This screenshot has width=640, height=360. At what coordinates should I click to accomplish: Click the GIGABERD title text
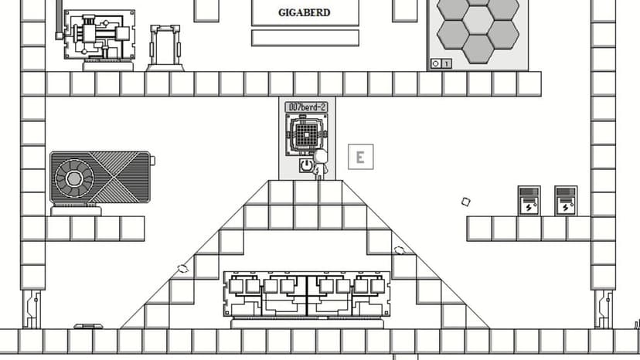[304, 12]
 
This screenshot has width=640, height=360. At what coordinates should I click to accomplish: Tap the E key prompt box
[360, 157]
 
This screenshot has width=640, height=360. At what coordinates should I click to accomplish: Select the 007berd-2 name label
[306, 107]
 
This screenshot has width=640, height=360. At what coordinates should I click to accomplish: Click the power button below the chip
[306, 165]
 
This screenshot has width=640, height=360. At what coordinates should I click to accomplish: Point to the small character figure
[320, 164]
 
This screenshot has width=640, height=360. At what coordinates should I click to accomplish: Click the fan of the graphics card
[74, 178]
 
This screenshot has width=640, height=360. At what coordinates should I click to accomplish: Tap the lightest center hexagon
[478, 19]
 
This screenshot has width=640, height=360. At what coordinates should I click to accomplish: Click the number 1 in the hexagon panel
[447, 63]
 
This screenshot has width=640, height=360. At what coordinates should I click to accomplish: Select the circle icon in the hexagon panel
[435, 63]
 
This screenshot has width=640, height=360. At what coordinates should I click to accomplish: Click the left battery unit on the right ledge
[529, 201]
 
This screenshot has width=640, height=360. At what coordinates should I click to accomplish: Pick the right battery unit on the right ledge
[566, 201]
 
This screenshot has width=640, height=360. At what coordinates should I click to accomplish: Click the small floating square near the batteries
[466, 202]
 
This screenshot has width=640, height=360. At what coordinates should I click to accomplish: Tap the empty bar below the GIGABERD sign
[305, 38]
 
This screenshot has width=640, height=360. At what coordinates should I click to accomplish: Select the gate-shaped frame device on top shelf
[165, 48]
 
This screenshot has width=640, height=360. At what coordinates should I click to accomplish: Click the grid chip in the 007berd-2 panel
[307, 134]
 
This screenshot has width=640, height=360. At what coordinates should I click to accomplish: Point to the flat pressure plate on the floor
[89, 326]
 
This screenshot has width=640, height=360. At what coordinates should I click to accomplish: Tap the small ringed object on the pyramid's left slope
[183, 268]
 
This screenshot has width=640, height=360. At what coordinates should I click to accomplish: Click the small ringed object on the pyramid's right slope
[400, 250]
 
